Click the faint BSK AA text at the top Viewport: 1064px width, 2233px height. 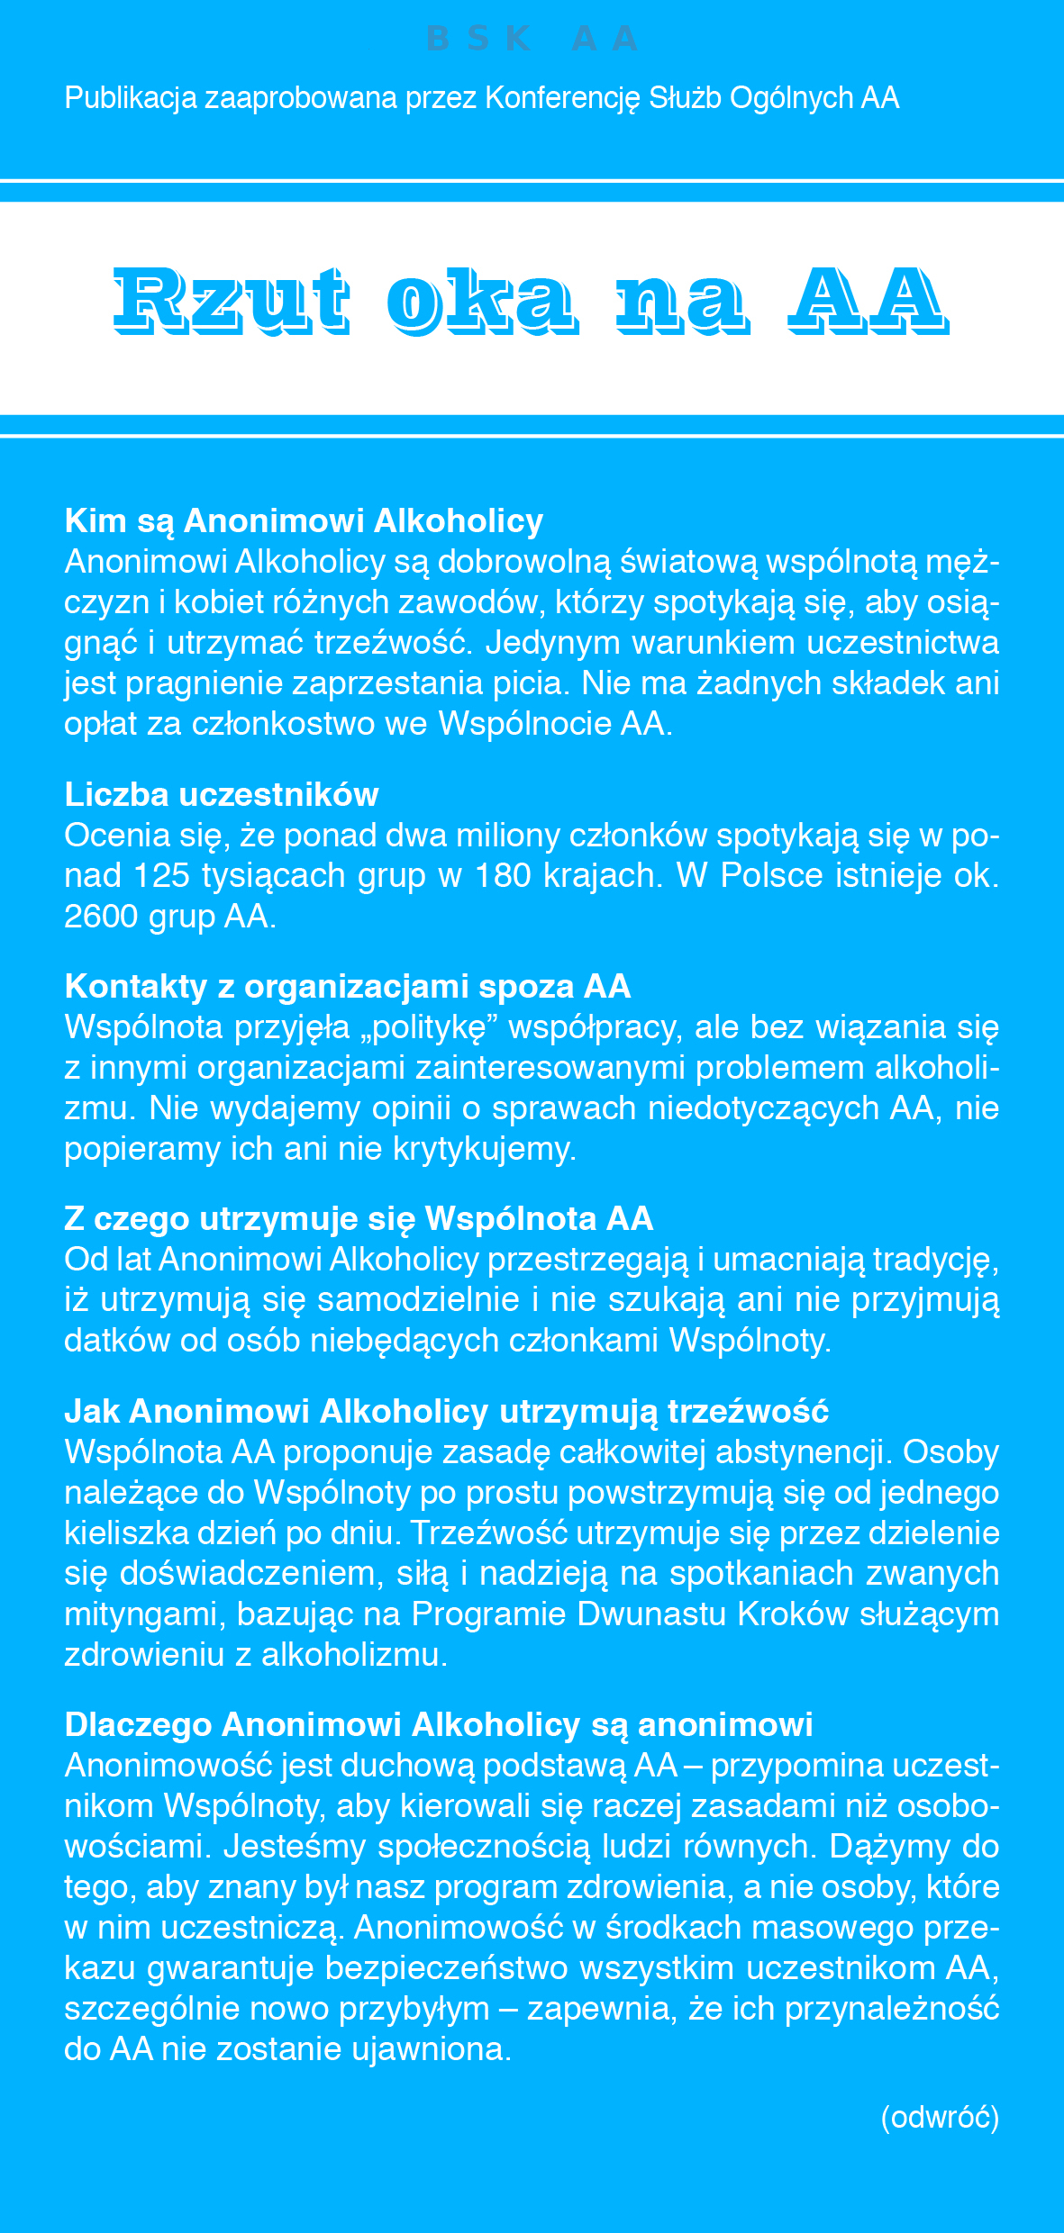(x=532, y=39)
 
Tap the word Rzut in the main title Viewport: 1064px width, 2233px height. (x=231, y=300)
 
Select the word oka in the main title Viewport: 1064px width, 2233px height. (x=481, y=300)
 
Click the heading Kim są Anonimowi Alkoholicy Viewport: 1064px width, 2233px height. (x=304, y=521)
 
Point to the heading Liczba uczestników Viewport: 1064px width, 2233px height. (x=222, y=795)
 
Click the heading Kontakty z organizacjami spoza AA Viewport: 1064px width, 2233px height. (x=347, y=987)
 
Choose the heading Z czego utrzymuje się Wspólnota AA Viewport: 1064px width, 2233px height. (x=359, y=1219)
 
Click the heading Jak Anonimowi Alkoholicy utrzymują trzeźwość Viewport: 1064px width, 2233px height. (x=446, y=1411)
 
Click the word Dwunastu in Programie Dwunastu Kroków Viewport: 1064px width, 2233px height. (x=651, y=1614)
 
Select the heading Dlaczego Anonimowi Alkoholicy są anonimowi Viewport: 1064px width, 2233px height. (x=439, y=1724)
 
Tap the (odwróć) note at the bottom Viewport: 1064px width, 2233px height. (x=940, y=2117)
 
